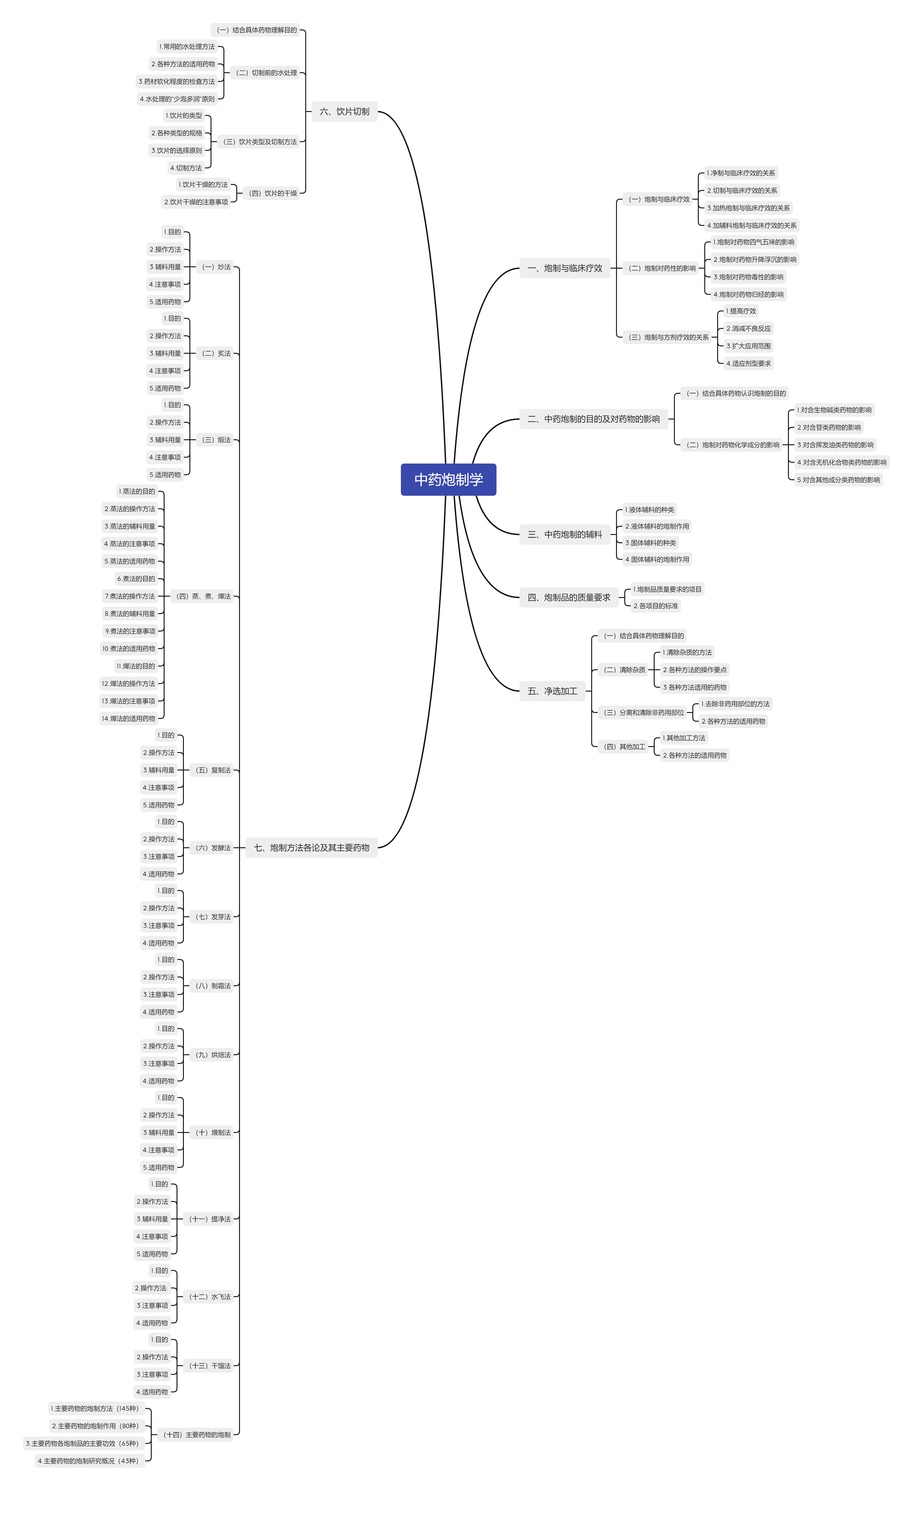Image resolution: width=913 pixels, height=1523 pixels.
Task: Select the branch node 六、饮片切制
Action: point(345,111)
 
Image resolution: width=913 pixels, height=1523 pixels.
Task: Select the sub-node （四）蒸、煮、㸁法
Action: point(203,596)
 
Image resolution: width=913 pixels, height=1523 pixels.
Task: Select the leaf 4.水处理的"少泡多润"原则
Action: point(177,98)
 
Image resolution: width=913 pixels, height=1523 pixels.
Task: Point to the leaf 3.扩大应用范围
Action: point(748,346)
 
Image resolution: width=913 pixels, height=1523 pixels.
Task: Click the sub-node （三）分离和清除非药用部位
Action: point(644,712)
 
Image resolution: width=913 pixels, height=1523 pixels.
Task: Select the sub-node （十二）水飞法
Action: point(210,1296)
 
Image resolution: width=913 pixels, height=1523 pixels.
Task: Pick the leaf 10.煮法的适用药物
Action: point(128,648)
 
